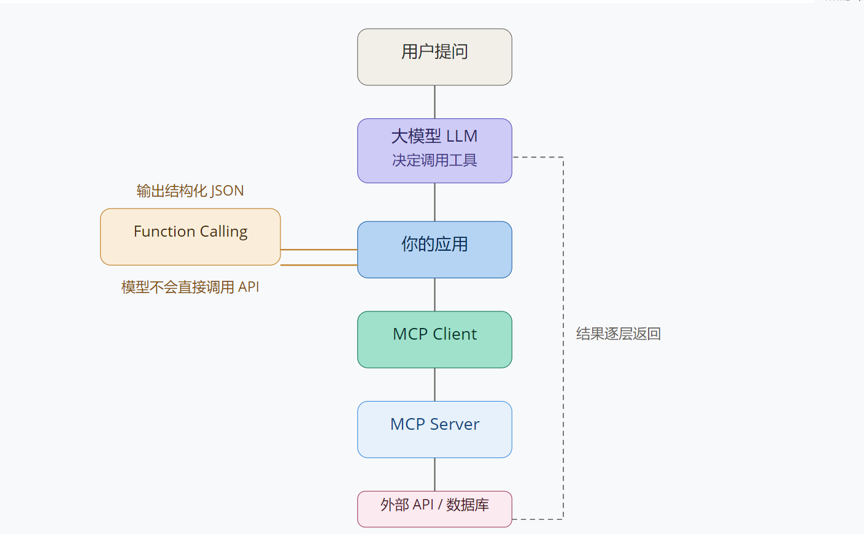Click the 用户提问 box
[434, 57]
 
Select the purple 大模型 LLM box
[434, 151]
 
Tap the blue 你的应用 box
[434, 250]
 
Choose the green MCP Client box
[434, 340]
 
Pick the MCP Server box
[434, 429]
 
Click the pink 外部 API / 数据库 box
[434, 509]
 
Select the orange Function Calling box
[190, 237]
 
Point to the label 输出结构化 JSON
[190, 191]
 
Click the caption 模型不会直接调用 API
[190, 287]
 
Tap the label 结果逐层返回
[619, 334]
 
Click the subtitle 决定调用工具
[434, 160]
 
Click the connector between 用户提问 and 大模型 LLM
[434, 102]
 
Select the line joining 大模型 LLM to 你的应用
[434, 202]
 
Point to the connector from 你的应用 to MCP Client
[434, 295]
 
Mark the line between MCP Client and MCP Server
[434, 384]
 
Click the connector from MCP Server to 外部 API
[434, 475]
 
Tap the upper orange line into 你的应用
[319, 250]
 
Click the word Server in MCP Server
[455, 424]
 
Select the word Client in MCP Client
[455, 334]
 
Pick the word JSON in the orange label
[227, 191]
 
